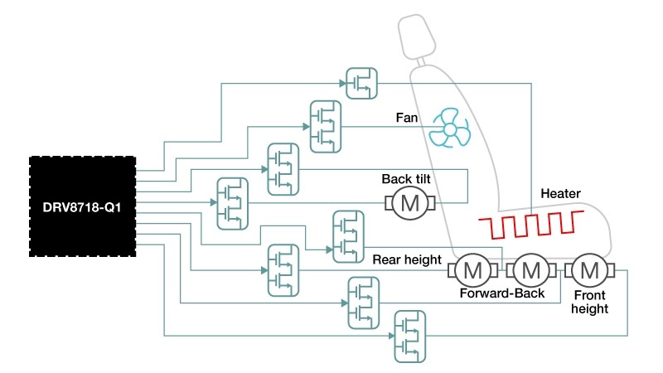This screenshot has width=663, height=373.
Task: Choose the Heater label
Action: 561,194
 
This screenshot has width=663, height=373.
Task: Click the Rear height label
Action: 407,259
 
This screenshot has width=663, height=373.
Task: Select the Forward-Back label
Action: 502,293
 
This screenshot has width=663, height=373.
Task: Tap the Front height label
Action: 589,301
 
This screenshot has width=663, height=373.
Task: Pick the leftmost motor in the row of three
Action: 472,269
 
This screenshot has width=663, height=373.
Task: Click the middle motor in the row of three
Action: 531,269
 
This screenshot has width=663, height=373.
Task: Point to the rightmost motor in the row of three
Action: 590,269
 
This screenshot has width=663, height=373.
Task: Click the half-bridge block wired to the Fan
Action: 325,126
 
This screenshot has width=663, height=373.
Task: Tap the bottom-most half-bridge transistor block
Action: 409,335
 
